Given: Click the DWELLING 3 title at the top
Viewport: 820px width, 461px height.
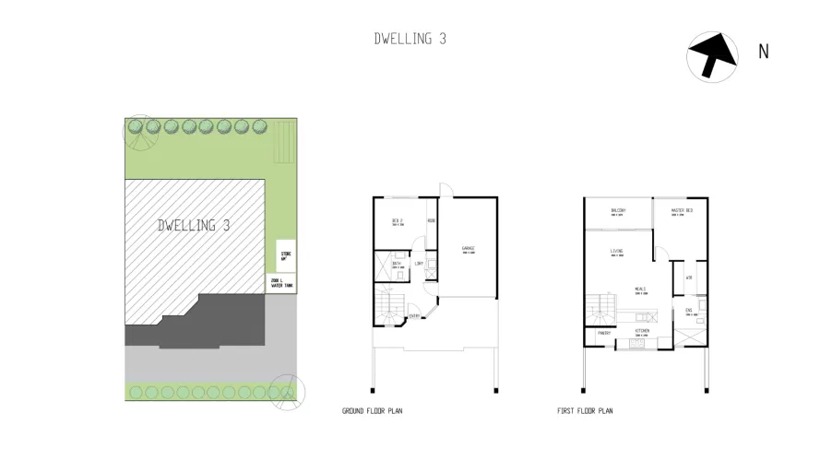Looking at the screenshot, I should pyautogui.click(x=410, y=39).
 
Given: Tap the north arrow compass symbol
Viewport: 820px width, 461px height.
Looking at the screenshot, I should pyautogui.click(x=712, y=55).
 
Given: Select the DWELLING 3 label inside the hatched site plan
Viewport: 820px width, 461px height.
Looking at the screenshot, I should pyautogui.click(x=193, y=225).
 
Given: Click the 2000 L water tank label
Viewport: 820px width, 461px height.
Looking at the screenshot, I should pyautogui.click(x=281, y=284).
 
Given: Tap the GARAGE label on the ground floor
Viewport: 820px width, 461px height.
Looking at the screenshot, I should pyautogui.click(x=468, y=249).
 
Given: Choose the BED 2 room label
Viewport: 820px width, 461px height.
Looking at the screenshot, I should pyautogui.click(x=398, y=221).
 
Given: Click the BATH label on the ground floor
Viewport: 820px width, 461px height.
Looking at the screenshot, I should pyautogui.click(x=397, y=264).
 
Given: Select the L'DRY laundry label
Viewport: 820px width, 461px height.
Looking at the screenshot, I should pyautogui.click(x=418, y=264).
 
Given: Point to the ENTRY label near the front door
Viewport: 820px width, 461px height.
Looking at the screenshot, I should pyautogui.click(x=415, y=317).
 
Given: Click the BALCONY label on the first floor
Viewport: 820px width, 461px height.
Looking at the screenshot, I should pyautogui.click(x=618, y=211).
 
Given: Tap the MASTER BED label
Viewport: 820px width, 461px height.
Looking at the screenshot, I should pyautogui.click(x=683, y=211).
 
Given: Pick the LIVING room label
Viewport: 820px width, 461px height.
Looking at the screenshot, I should pyautogui.click(x=617, y=252).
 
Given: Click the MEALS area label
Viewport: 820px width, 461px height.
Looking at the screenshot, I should pyautogui.click(x=638, y=290).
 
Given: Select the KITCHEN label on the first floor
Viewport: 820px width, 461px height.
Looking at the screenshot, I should pyautogui.click(x=643, y=329).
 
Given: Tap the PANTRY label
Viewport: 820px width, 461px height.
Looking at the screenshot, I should pyautogui.click(x=604, y=333).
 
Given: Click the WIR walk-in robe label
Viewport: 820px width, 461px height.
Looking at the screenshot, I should pyautogui.click(x=689, y=277).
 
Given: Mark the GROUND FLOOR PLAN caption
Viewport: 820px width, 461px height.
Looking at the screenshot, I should pyautogui.click(x=372, y=411).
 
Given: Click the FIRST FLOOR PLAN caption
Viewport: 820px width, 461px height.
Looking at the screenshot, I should pyautogui.click(x=585, y=411).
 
